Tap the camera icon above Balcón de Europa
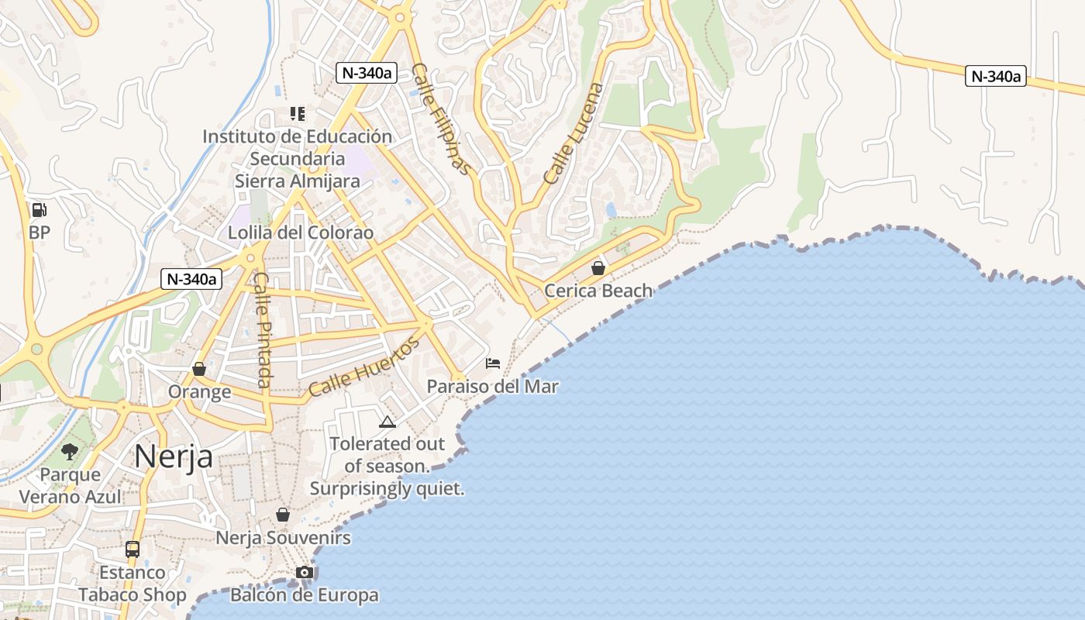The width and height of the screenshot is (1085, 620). (305, 573)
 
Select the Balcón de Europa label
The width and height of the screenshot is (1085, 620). (305, 595)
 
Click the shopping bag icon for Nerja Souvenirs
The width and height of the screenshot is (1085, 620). (283, 515)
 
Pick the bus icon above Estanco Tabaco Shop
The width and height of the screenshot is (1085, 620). (133, 549)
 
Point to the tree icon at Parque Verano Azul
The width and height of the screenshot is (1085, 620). (70, 451)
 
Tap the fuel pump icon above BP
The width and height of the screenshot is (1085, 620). (39, 209)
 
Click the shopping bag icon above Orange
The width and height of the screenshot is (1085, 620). (199, 369)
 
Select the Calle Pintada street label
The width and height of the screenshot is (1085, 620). (263, 329)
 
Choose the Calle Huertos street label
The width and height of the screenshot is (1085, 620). (363, 367)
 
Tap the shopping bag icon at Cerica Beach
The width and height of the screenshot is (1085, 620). (598, 269)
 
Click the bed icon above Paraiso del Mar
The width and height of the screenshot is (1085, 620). (493, 363)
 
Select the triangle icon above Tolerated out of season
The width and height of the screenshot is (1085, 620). (387, 422)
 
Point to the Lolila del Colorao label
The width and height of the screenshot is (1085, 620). (301, 232)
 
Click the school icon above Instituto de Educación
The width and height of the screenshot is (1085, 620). (298, 114)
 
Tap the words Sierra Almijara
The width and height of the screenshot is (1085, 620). (298, 181)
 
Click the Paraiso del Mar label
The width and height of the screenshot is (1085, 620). (493, 386)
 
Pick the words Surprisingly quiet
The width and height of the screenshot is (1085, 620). (387, 489)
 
